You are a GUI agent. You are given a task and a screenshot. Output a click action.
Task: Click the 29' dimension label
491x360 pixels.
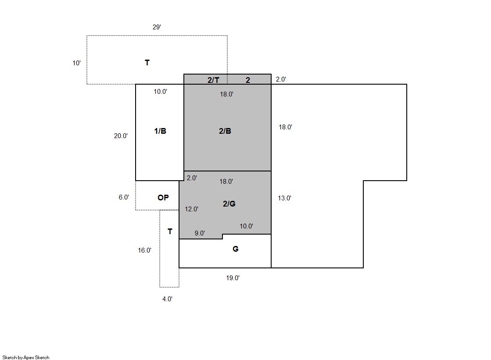click(x=157, y=27)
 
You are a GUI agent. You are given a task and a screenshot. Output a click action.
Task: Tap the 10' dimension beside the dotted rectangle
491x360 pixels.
click(x=77, y=63)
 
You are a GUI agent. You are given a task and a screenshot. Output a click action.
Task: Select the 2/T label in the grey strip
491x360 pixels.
click(x=213, y=80)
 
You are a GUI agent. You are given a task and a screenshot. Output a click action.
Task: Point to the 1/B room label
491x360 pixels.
click(x=160, y=131)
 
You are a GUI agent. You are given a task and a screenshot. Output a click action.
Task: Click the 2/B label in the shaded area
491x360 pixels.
click(x=225, y=131)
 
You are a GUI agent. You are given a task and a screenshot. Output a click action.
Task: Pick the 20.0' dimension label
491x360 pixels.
click(x=121, y=136)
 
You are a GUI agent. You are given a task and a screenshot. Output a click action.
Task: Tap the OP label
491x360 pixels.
click(x=163, y=197)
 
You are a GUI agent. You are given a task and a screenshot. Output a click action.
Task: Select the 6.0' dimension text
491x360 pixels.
click(x=124, y=197)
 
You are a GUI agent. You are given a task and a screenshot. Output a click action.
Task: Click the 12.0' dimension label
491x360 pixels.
click(x=191, y=209)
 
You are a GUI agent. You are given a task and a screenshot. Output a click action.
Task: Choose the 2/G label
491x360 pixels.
click(x=229, y=204)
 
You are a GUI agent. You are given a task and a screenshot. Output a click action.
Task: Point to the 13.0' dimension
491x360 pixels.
click(x=284, y=198)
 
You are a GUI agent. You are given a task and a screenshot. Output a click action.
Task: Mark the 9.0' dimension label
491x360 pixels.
click(x=200, y=233)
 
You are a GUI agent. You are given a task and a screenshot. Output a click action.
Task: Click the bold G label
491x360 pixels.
click(x=236, y=249)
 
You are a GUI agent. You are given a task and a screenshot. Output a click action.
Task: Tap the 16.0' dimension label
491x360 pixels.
click(x=145, y=250)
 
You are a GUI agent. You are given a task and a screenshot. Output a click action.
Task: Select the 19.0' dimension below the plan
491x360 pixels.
click(x=233, y=278)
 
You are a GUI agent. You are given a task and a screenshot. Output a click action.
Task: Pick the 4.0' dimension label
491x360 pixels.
click(x=167, y=299)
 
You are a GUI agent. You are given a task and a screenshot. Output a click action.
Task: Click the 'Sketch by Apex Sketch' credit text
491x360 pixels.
click(x=26, y=357)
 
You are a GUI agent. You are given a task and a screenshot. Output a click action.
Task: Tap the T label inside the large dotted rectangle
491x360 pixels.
click(x=147, y=63)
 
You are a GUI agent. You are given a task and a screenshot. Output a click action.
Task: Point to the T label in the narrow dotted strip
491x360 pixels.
click(x=170, y=232)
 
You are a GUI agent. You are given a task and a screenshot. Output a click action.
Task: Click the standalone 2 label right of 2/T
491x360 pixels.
click(x=247, y=80)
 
